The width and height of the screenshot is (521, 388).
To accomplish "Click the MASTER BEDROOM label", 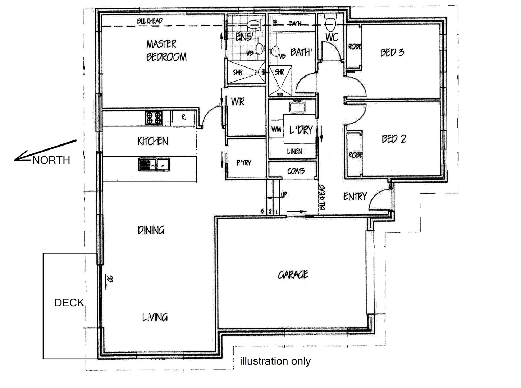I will [166, 51].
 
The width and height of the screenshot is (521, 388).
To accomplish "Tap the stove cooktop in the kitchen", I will [154, 118].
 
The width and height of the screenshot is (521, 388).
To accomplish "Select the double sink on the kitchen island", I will [154, 165].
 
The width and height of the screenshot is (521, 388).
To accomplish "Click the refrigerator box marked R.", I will [183, 117].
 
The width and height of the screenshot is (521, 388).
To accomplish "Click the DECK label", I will [69, 303].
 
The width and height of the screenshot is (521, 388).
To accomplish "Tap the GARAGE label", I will [293, 275].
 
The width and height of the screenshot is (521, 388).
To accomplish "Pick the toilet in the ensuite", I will [254, 25].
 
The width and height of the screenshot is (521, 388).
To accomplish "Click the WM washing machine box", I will [276, 129].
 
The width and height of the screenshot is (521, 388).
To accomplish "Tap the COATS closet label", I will [296, 171].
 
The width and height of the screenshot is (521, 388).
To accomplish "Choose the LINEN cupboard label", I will [294, 152].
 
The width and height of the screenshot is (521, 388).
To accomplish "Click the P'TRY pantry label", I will [244, 163].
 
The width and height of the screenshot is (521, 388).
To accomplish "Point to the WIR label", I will [238, 102].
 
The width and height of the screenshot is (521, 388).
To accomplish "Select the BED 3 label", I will [392, 52].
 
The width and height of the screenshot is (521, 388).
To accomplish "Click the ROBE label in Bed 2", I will [355, 155].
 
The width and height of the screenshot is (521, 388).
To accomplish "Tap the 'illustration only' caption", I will [275, 361].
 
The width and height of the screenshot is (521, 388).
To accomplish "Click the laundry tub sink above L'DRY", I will [297, 107].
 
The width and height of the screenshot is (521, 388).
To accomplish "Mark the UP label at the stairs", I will [284, 195].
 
